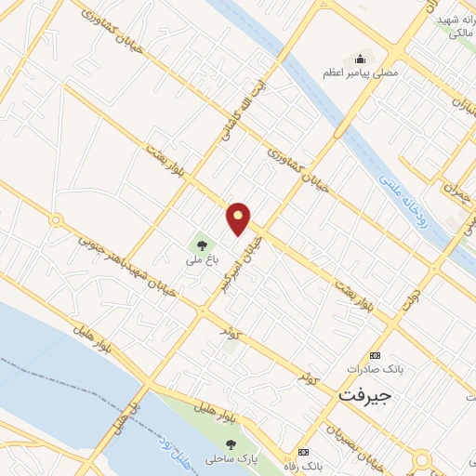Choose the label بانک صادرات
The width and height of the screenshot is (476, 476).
point(376,369)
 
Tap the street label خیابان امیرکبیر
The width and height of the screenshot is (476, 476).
point(239,262)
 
